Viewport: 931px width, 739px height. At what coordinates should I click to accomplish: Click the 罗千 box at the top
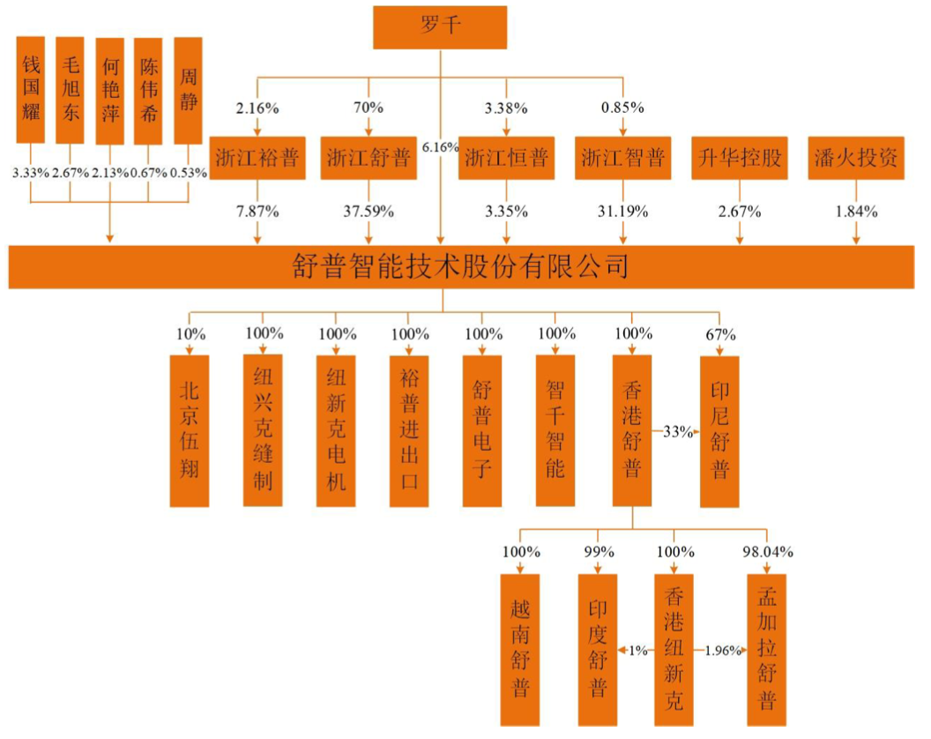pos(440,27)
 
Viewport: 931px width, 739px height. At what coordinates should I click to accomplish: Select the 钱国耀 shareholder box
pos(31,90)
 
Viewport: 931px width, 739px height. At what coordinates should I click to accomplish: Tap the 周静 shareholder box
pos(188,90)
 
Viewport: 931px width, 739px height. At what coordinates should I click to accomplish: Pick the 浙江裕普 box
pos(257,159)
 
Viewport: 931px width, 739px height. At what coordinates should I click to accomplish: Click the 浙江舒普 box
pos(369,159)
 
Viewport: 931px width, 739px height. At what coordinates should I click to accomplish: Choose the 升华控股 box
pos(740,159)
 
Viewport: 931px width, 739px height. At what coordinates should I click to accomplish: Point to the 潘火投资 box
pos(853,159)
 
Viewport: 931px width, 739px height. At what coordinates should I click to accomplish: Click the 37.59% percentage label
pos(369,212)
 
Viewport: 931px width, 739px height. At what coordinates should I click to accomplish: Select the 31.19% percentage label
pos(622,212)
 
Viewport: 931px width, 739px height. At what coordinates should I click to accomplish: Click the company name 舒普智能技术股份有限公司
pos(460,265)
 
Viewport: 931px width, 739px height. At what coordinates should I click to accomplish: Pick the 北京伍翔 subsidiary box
pos(190,430)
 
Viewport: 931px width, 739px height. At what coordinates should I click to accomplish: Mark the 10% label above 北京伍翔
pos(190,335)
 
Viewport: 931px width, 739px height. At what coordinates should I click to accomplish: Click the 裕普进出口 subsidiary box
pos(409,430)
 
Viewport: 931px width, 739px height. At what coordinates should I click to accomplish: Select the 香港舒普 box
pos(631,430)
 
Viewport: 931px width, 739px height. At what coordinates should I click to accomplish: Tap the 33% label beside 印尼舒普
pos(674,432)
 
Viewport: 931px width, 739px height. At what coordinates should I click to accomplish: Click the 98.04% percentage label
pos(767,553)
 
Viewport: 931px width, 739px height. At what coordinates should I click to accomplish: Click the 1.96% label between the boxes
pos(723,651)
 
